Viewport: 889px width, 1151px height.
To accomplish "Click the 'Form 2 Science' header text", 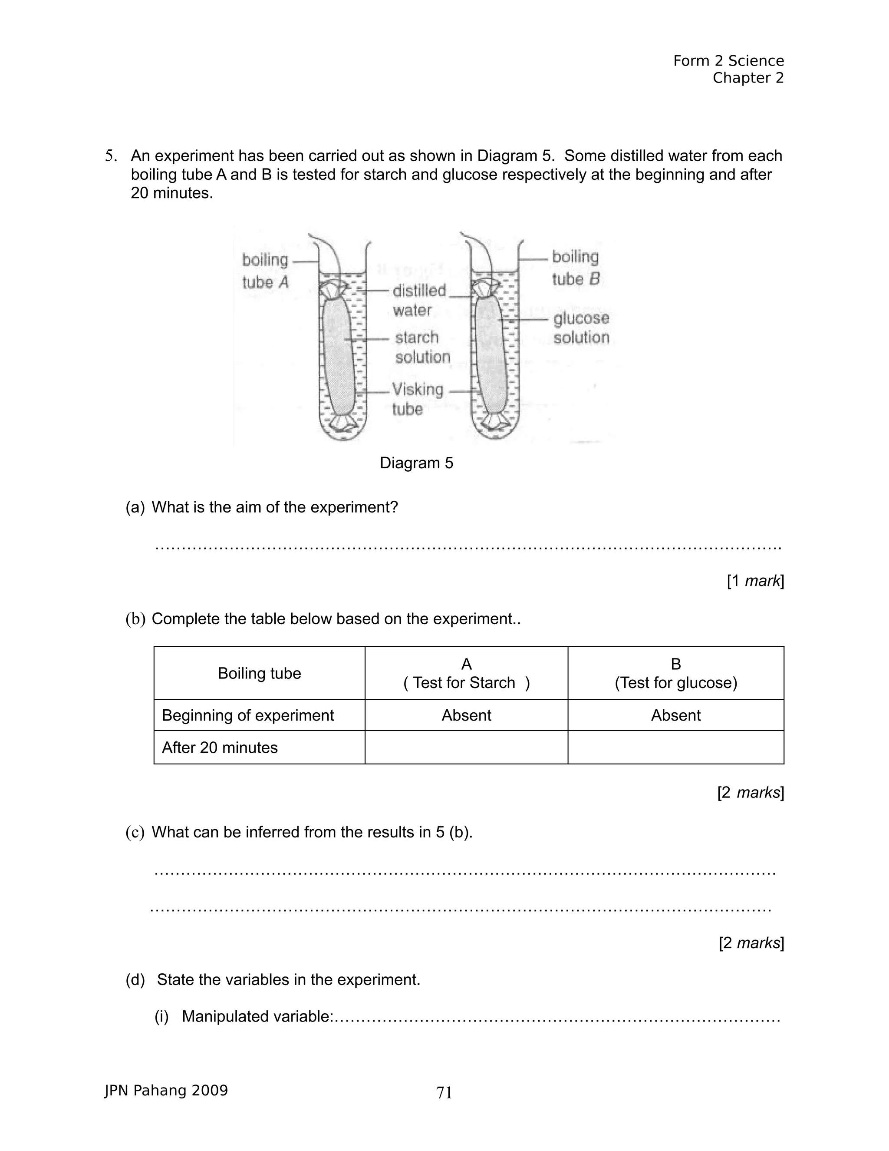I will tap(728, 61).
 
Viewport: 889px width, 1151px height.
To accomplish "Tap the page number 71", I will tap(444, 1092).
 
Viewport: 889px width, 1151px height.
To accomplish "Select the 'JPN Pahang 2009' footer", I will tap(166, 1090).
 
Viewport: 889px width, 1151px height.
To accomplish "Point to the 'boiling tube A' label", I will tap(265, 271).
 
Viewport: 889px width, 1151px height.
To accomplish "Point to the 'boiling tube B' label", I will tap(576, 268).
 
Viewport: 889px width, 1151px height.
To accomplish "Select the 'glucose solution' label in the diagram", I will tap(581, 327).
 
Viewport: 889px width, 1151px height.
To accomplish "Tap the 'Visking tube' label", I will tap(418, 399).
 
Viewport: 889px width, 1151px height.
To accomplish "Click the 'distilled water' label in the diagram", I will tap(419, 300).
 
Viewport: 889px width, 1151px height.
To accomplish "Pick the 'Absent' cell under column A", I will tap(466, 715).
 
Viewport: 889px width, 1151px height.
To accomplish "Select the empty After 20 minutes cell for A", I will tap(466, 747).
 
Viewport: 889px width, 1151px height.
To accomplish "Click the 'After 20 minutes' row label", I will tap(220, 747).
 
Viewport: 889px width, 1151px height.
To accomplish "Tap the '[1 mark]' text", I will tap(755, 581).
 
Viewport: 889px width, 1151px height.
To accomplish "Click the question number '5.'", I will tap(111, 155).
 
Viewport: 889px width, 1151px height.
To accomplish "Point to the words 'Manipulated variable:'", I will tap(257, 1016).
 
